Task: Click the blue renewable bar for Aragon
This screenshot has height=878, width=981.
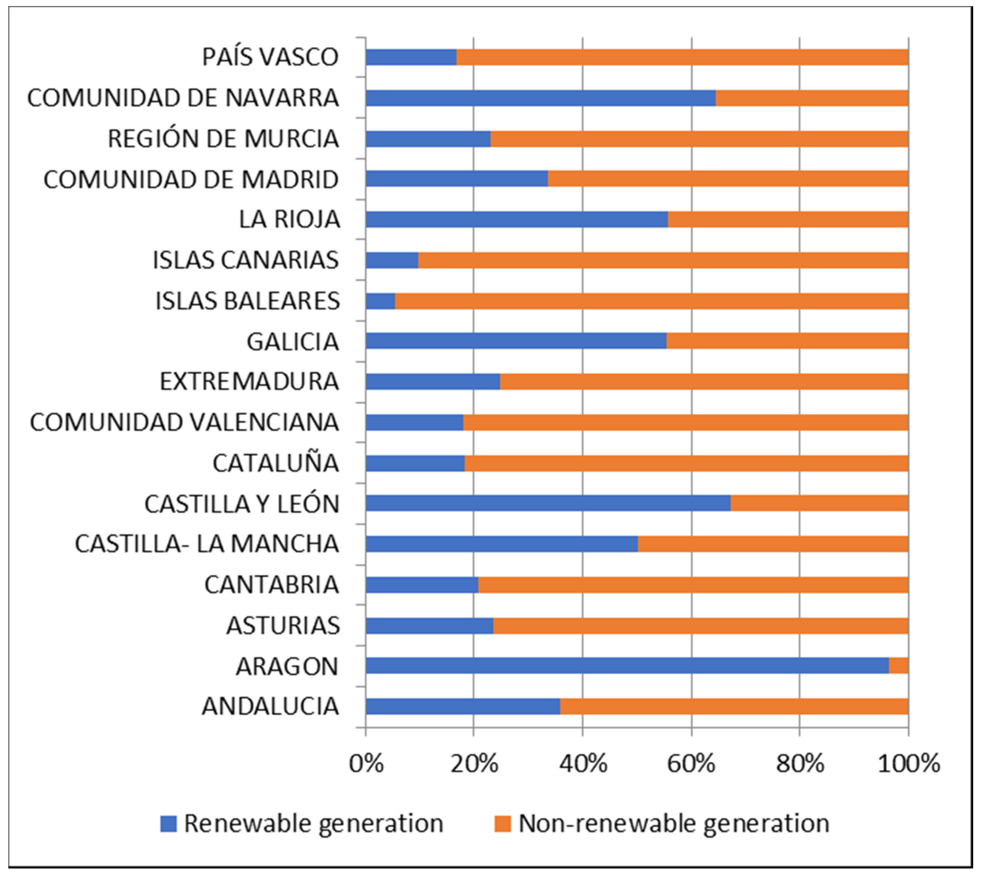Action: click(627, 666)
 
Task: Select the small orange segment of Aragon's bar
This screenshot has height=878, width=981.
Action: click(898, 666)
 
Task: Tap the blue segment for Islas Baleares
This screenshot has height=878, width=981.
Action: click(380, 301)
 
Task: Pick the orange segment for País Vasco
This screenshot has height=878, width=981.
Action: click(682, 57)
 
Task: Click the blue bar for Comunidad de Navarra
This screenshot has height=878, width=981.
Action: click(540, 98)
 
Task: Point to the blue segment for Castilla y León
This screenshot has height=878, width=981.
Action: click(548, 503)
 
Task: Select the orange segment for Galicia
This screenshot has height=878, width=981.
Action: click(787, 341)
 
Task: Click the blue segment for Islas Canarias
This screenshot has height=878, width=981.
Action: click(392, 260)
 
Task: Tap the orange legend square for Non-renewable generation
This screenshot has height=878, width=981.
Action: click(502, 823)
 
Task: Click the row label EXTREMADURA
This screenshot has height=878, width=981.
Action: click(249, 382)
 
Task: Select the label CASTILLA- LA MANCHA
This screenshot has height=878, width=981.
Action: click(207, 544)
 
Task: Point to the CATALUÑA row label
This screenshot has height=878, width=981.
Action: click(276, 463)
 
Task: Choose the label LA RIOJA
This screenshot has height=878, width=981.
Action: click(289, 220)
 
